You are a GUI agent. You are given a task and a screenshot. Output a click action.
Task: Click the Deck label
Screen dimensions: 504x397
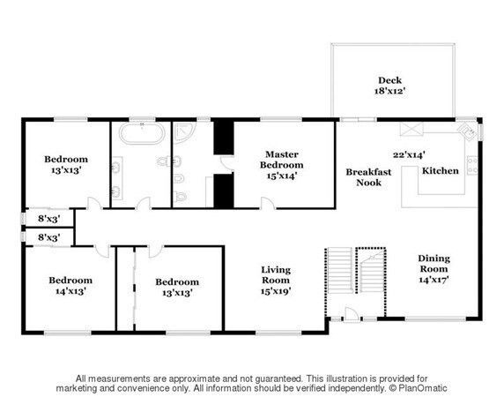389,80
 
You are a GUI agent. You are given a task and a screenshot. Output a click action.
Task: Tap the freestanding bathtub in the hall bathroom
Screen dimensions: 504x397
142,133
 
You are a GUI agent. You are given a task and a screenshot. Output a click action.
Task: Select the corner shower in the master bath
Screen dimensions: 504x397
184,133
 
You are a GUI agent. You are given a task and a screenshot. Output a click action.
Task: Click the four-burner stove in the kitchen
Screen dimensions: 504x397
472,165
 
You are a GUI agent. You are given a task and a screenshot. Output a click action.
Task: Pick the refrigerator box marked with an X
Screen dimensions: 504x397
411,130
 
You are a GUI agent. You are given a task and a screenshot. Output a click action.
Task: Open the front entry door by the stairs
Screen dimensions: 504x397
351,314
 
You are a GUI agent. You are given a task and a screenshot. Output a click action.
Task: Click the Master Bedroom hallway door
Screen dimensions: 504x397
268,203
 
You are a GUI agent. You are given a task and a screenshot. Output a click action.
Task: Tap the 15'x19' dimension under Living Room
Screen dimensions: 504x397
276,291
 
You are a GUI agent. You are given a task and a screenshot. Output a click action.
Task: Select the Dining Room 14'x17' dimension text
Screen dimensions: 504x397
434,280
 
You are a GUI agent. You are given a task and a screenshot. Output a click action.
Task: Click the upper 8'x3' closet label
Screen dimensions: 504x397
49,219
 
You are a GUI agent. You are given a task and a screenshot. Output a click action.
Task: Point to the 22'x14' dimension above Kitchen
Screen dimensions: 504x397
409,154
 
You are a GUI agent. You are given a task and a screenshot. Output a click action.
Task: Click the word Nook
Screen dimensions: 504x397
368,183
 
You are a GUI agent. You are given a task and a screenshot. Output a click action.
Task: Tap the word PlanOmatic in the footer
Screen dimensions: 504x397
423,388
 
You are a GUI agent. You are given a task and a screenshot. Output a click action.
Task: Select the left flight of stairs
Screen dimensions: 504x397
340,270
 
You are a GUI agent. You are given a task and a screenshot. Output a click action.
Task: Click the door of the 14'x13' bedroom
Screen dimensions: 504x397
102,251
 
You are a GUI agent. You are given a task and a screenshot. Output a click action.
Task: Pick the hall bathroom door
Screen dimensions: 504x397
144,203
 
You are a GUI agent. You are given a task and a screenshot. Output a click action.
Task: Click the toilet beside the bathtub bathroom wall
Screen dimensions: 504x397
164,161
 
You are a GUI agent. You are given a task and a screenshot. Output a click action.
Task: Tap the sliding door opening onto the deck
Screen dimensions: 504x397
358,120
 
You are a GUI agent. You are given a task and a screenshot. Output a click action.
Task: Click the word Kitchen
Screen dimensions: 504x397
440,170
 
